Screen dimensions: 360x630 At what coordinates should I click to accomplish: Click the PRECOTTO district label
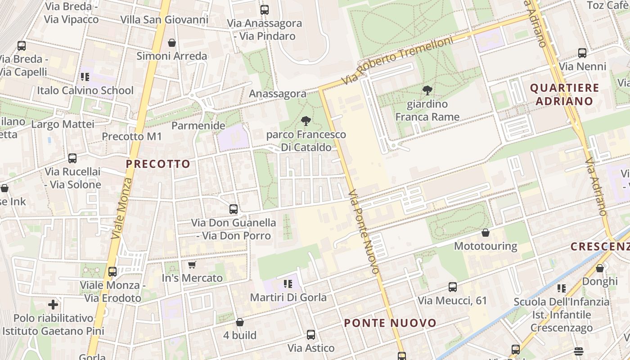point(158,164)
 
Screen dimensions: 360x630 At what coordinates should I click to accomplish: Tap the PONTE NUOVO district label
point(390,323)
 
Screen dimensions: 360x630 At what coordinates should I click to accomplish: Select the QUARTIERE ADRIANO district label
point(564,94)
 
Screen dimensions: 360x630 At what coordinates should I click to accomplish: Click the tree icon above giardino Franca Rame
point(427,90)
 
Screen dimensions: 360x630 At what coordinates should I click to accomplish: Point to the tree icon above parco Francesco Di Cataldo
point(306,121)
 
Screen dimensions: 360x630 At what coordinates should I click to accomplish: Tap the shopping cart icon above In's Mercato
point(192,265)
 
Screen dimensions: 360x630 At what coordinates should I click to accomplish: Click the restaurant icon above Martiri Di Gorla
point(288,284)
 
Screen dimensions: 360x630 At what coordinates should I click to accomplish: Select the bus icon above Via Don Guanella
point(234,209)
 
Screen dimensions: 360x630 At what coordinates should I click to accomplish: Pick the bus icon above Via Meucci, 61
point(453,287)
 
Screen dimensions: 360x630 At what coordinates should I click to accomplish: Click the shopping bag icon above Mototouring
point(486,233)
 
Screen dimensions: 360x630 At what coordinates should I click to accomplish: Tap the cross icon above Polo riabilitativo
point(53,305)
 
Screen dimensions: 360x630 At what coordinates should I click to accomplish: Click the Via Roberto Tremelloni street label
point(396,60)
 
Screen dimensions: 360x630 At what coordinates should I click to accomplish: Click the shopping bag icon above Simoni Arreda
point(171,43)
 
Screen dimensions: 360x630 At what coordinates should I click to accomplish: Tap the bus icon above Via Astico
point(311,334)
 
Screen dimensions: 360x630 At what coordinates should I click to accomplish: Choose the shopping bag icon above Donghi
point(600,268)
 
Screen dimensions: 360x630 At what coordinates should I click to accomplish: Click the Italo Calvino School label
point(85,90)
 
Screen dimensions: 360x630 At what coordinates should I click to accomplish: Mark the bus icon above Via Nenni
point(582,53)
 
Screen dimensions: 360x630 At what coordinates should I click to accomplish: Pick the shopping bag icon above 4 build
point(240,322)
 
